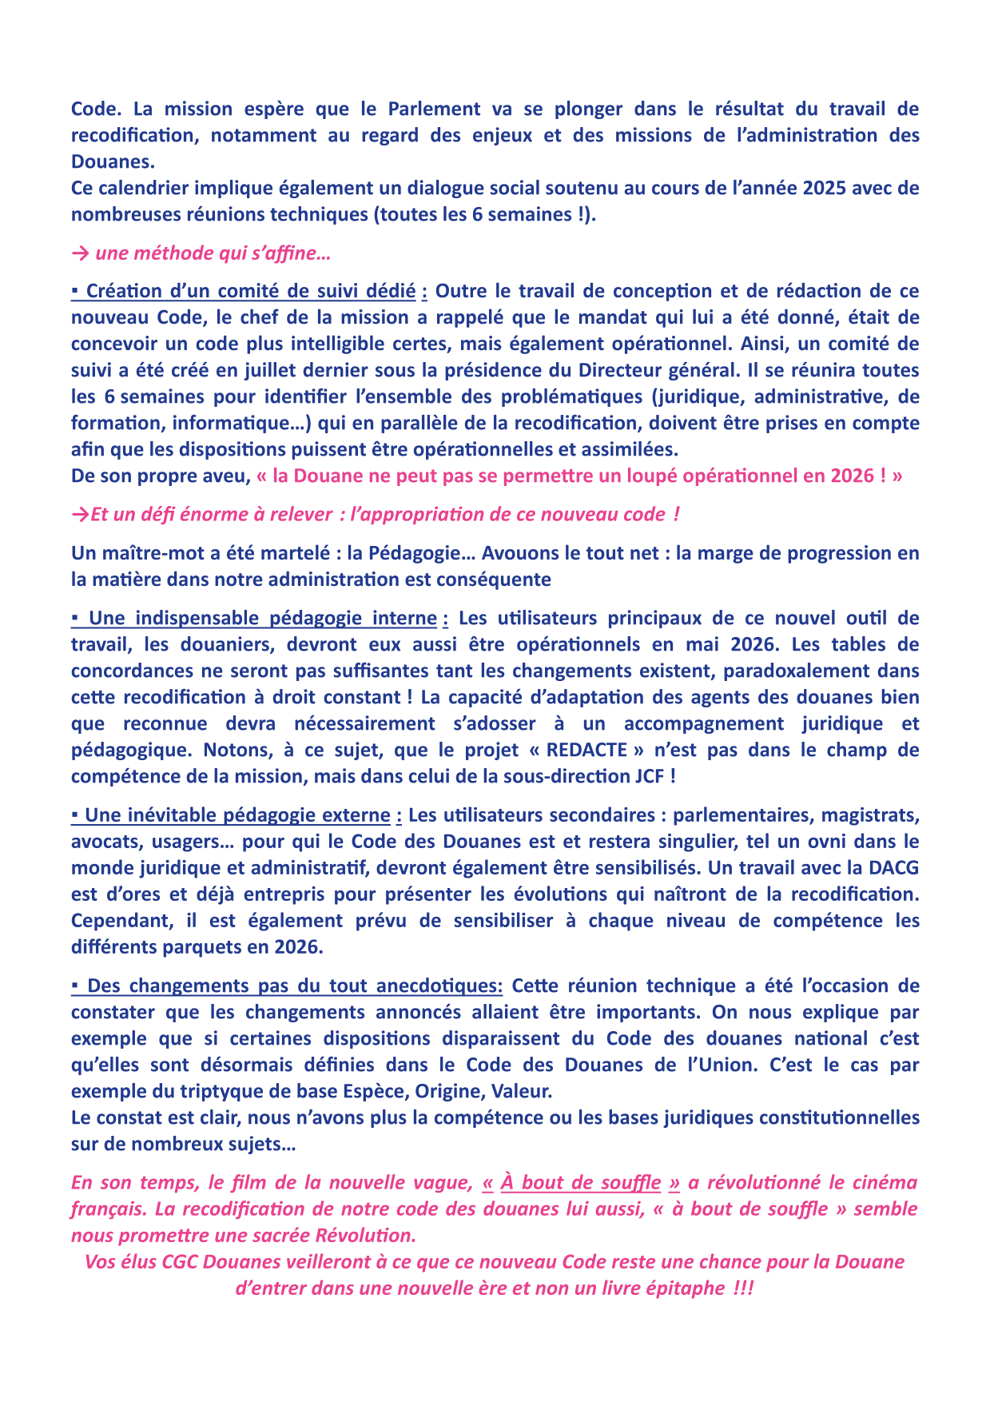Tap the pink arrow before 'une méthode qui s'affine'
(80, 254)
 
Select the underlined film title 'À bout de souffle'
(581, 1183)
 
